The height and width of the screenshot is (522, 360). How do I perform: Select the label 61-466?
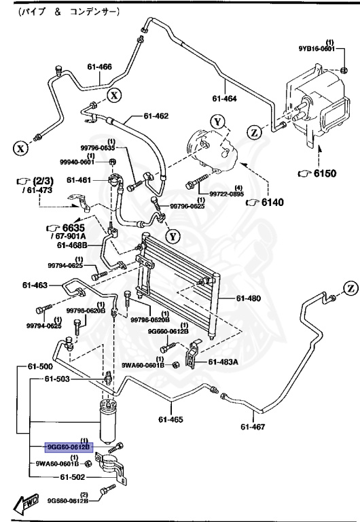(x=99, y=66)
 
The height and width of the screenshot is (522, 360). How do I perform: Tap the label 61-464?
(x=224, y=99)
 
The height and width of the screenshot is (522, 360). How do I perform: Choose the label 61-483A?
(x=223, y=362)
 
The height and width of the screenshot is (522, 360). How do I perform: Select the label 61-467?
(x=254, y=427)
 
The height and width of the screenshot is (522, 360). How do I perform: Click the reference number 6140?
(x=270, y=202)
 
